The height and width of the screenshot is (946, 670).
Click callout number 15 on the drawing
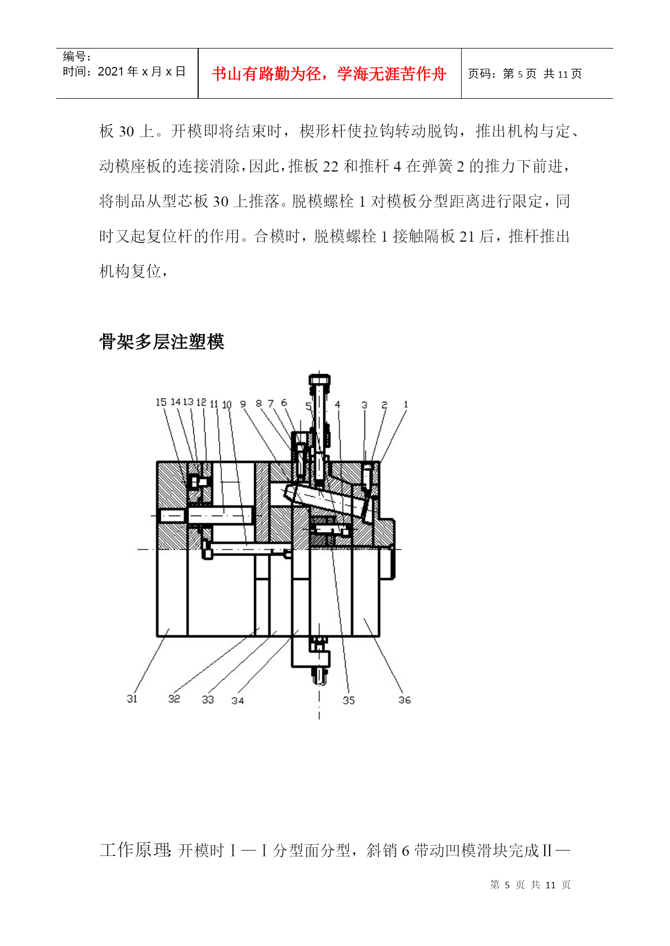pyautogui.click(x=161, y=402)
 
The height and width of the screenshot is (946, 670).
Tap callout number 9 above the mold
pyautogui.click(x=243, y=403)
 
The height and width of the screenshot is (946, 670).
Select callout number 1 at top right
pyautogui.click(x=406, y=404)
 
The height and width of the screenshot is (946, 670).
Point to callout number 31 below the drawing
pyautogui.click(x=132, y=698)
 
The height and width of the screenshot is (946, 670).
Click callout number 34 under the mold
pyautogui.click(x=238, y=700)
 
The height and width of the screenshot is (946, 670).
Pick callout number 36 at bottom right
pyautogui.click(x=404, y=700)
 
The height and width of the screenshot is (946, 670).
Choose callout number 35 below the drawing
pyautogui.click(x=349, y=700)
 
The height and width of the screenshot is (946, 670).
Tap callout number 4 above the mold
pyautogui.click(x=337, y=404)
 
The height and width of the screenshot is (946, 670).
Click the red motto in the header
pyautogui.click(x=329, y=74)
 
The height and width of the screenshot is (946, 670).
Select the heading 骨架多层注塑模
pyautogui.click(x=161, y=341)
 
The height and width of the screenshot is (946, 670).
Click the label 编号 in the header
pyautogui.click(x=74, y=56)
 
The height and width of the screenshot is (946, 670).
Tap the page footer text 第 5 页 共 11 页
pyautogui.click(x=530, y=885)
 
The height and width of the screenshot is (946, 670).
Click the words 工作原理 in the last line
pyautogui.click(x=135, y=850)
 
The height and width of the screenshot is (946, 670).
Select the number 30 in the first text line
pyautogui.click(x=126, y=131)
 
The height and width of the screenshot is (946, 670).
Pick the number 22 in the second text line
pyautogui.click(x=330, y=166)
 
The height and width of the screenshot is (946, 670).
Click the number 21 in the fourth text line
pyautogui.click(x=467, y=236)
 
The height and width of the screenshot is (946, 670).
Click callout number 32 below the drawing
pyautogui.click(x=174, y=698)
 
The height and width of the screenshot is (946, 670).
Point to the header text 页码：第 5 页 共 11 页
pyautogui.click(x=525, y=74)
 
